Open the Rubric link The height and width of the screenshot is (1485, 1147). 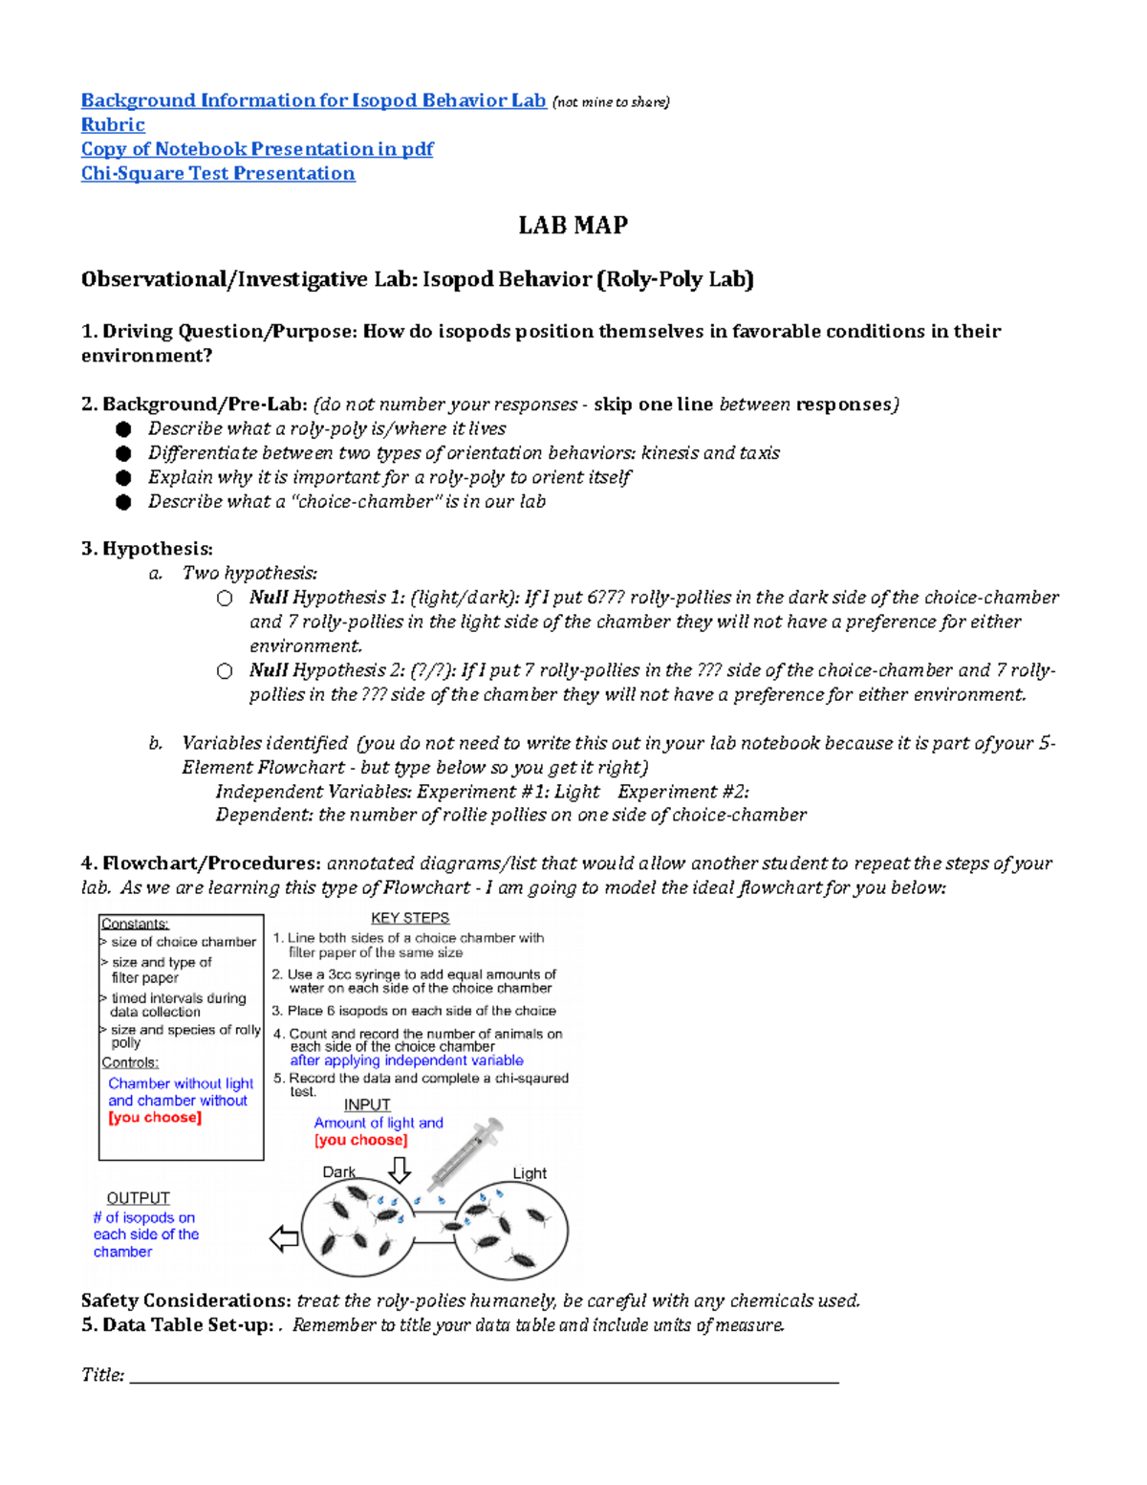click(113, 125)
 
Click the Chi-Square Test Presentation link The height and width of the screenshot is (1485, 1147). click(218, 174)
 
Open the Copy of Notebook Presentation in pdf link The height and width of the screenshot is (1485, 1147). click(257, 149)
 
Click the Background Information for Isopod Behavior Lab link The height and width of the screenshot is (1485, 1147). click(314, 100)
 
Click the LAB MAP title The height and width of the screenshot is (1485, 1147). click(573, 226)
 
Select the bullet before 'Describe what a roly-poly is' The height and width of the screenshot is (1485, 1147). click(123, 429)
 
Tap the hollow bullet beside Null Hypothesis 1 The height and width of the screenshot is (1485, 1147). click(225, 599)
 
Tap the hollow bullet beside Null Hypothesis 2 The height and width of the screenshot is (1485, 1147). click(225, 671)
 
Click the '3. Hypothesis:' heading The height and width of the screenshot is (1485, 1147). click(147, 549)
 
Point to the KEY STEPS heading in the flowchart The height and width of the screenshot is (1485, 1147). click(410, 918)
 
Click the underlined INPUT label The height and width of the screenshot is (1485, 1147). click(367, 1104)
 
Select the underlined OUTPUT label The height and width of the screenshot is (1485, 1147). click(139, 1198)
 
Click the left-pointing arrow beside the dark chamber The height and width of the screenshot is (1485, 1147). click(284, 1239)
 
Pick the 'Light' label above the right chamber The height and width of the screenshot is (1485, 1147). click(530, 1173)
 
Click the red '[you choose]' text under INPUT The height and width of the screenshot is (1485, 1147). click(360, 1140)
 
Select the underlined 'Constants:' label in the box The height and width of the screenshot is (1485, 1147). click(135, 924)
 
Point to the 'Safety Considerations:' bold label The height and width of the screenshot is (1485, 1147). click(186, 1300)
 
